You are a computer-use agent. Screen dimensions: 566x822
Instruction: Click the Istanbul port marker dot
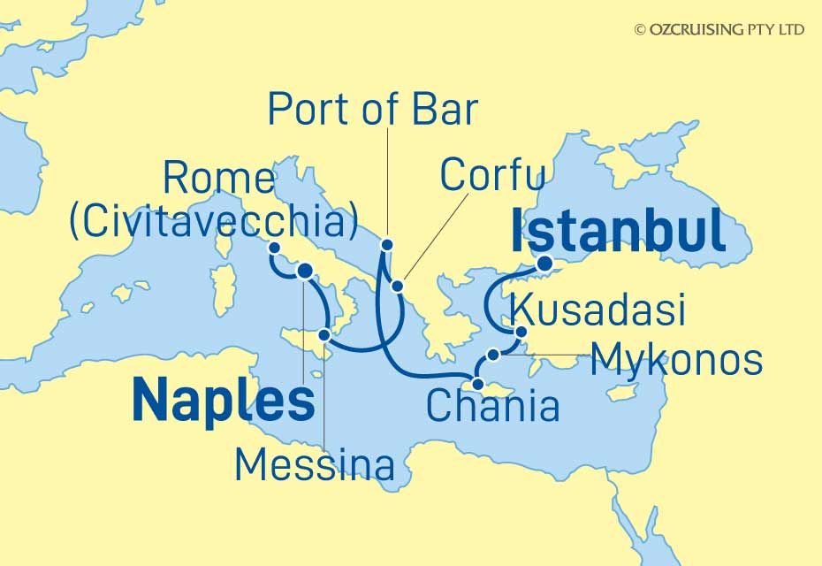pyautogui.click(x=546, y=263)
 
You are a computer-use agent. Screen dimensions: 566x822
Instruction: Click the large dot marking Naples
pyautogui.click(x=305, y=272)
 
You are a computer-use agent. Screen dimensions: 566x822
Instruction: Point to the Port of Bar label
pyautogui.click(x=372, y=111)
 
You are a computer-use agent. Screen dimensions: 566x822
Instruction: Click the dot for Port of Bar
pyautogui.click(x=386, y=244)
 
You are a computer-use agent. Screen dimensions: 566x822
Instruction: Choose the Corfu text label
pyautogui.click(x=491, y=175)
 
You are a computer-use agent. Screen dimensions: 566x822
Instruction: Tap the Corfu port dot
pyautogui.click(x=398, y=286)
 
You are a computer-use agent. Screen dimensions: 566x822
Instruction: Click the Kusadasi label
pyautogui.click(x=598, y=311)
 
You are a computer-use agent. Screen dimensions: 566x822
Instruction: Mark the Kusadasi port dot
pyautogui.click(x=521, y=333)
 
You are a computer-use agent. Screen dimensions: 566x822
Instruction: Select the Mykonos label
pyautogui.click(x=676, y=360)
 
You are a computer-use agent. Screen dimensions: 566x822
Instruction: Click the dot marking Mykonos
pyautogui.click(x=493, y=355)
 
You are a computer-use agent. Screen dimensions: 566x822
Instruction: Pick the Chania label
pyautogui.click(x=492, y=407)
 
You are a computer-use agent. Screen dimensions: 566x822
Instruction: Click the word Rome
pyautogui.click(x=219, y=180)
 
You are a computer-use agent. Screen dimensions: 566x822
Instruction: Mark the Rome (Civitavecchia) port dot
pyautogui.click(x=275, y=249)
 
